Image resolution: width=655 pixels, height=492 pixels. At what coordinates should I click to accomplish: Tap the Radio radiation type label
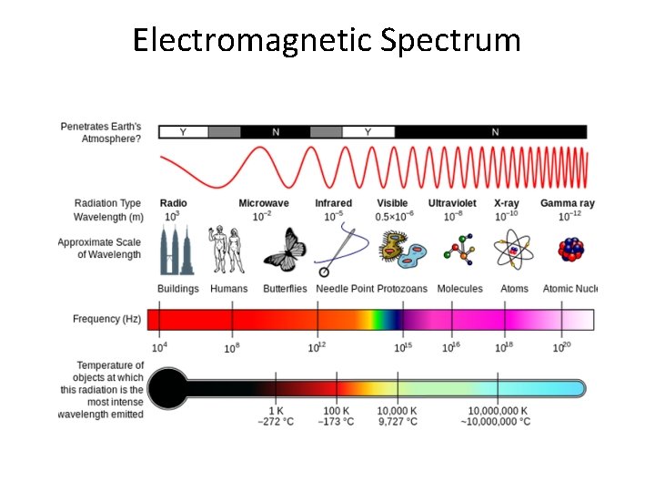tap(173, 203)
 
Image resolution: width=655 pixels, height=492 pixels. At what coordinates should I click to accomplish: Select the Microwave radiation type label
tap(264, 203)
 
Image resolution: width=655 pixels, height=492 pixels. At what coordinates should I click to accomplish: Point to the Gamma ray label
tap(567, 203)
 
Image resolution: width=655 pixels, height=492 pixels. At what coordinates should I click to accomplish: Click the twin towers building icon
tap(176, 251)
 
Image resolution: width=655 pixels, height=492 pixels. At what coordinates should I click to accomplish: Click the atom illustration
tap(514, 251)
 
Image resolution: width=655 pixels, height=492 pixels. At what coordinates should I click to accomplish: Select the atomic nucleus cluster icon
tap(570, 251)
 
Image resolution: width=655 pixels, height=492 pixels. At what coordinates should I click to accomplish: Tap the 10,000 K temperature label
tap(398, 411)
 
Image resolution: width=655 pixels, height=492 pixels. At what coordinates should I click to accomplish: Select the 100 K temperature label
tap(337, 411)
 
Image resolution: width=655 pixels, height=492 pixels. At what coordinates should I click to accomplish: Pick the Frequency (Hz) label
tap(108, 319)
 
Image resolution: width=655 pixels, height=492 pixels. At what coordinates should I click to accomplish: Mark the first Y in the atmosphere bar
tap(183, 132)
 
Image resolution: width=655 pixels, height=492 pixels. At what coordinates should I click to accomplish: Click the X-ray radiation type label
tap(506, 203)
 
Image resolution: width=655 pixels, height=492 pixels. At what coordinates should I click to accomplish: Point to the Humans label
tap(228, 289)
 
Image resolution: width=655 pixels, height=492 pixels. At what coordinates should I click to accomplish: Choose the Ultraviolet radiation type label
tap(453, 203)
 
